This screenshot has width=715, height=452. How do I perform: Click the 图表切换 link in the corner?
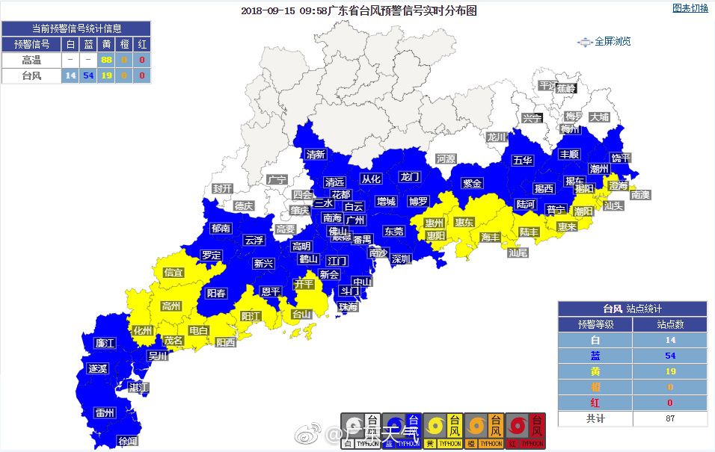pyautogui.click(x=690, y=8)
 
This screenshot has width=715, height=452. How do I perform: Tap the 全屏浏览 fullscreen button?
pyautogui.click(x=605, y=42)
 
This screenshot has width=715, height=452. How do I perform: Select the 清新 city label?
pyautogui.click(x=316, y=155)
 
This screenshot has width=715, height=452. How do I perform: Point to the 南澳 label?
pyautogui.click(x=641, y=194)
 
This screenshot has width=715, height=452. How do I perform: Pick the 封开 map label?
pyautogui.click(x=222, y=188)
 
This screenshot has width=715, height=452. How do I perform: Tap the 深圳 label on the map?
pyautogui.click(x=401, y=259)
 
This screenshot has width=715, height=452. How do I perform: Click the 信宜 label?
pyautogui.click(x=174, y=273)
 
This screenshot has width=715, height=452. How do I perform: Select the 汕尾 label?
pyautogui.click(x=518, y=253)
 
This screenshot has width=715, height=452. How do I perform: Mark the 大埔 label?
pyautogui.click(x=599, y=117)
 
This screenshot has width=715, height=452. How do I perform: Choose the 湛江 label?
pyautogui.click(x=138, y=387)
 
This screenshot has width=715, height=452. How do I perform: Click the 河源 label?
pyautogui.click(x=446, y=159)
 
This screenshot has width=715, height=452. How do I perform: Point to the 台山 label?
pyautogui.click(x=301, y=315)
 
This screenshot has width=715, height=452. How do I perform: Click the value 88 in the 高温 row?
pyautogui.click(x=106, y=60)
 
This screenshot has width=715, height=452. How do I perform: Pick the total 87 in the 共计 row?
pyautogui.click(x=669, y=418)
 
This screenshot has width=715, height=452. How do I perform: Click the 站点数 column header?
pyautogui.click(x=669, y=324)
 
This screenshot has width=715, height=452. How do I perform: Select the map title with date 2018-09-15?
pyautogui.click(x=358, y=10)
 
